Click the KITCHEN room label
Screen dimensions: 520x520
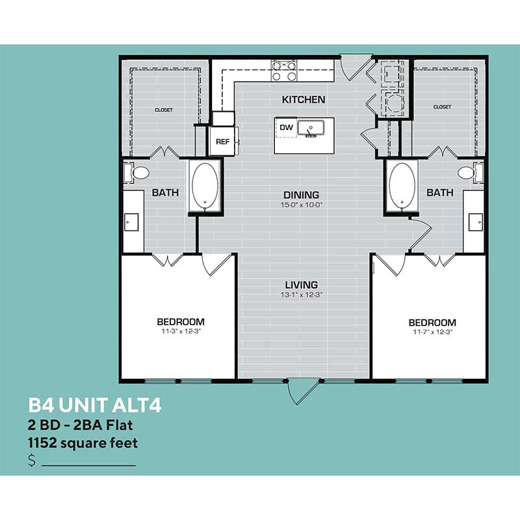pos(303,100)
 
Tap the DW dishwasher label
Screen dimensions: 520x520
pos(286,128)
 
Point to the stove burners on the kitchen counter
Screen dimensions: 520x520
pos(283,70)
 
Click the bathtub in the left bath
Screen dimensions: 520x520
pos(205,186)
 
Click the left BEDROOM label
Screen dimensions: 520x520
pos(181,322)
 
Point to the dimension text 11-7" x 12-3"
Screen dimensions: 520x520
pos(432,332)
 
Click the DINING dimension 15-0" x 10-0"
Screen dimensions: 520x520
pos(301,205)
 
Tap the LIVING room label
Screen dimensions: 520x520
pos(301,285)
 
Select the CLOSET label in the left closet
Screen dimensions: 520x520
pos(164,110)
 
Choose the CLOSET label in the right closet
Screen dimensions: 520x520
pos(442,106)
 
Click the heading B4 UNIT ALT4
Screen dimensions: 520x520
pos(94,406)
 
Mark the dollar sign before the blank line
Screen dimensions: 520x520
pos(32,461)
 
